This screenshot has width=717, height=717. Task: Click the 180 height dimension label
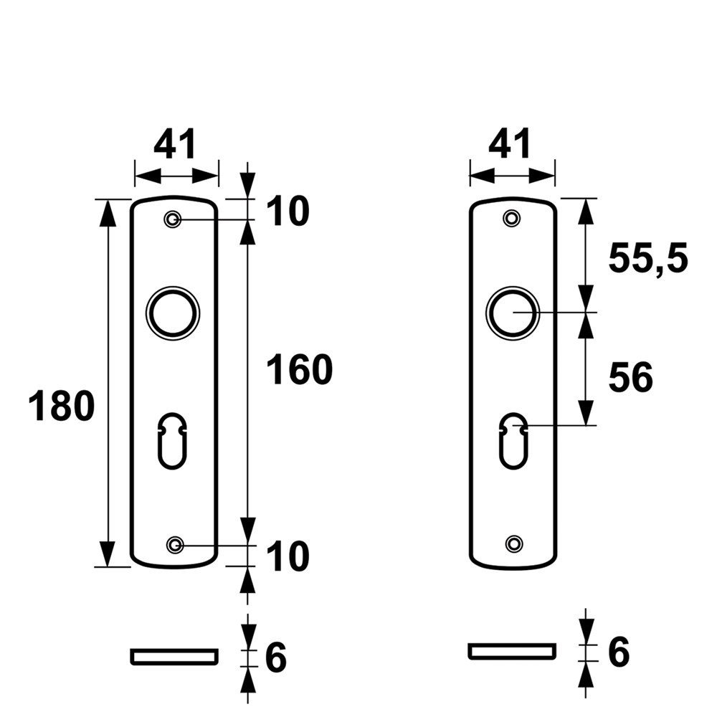click(62, 407)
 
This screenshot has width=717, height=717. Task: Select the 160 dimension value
click(300, 371)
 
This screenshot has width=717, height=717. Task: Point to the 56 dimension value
click(631, 378)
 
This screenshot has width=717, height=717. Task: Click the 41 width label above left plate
click(175, 146)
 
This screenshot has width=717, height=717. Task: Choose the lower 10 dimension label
click(288, 557)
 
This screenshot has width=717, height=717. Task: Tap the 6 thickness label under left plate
click(276, 657)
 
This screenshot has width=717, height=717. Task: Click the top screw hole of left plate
click(172, 219)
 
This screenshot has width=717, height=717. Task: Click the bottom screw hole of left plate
click(174, 546)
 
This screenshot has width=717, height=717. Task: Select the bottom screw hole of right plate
click(512, 543)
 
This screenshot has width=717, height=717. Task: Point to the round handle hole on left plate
click(173, 313)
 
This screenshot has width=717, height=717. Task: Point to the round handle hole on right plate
click(512, 313)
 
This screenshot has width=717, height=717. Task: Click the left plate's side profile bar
click(174, 656)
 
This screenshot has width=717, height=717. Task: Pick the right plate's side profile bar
click(512, 651)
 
